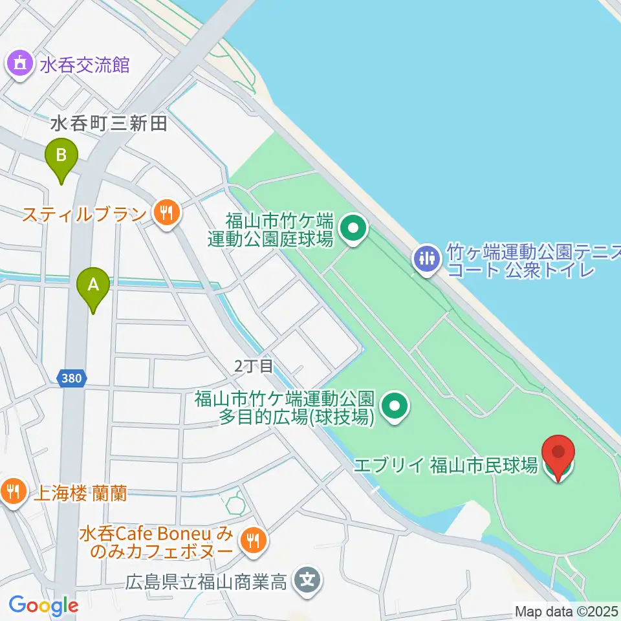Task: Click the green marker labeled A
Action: pos(93,285)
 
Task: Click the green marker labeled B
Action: pos(61,156)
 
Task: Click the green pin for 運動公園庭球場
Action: pos(353,228)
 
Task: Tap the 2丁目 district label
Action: pos(254,366)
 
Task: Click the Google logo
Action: pos(43,605)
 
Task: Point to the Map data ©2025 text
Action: pos(565,610)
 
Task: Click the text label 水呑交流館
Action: pos(85,65)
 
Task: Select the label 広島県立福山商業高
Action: pos(206,582)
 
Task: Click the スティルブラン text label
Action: pos(85,213)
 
